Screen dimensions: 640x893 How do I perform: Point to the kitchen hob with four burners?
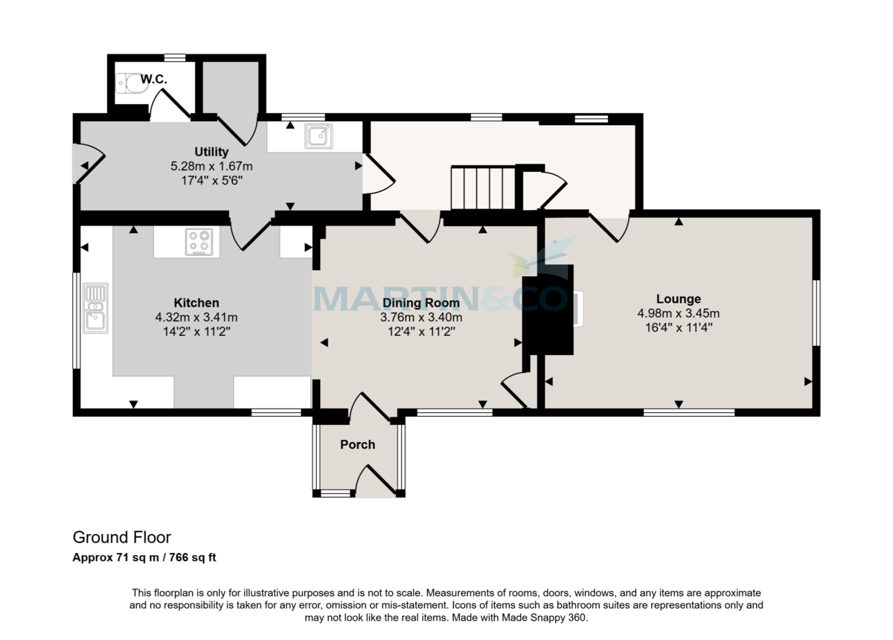click(199, 242)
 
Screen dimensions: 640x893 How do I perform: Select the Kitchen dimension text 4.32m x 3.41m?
click(196, 317)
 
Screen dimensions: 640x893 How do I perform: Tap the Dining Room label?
click(421, 303)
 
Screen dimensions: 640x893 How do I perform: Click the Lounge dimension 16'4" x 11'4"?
click(678, 327)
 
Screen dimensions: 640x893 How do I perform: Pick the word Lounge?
click(678, 299)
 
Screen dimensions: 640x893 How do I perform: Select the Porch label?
click(357, 444)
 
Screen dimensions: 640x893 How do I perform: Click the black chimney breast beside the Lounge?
click(549, 309)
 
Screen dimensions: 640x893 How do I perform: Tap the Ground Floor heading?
click(121, 537)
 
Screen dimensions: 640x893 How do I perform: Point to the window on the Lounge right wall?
click(816, 313)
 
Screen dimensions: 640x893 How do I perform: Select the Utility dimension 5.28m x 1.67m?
click(211, 166)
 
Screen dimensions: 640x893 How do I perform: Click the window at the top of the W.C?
click(175, 57)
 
